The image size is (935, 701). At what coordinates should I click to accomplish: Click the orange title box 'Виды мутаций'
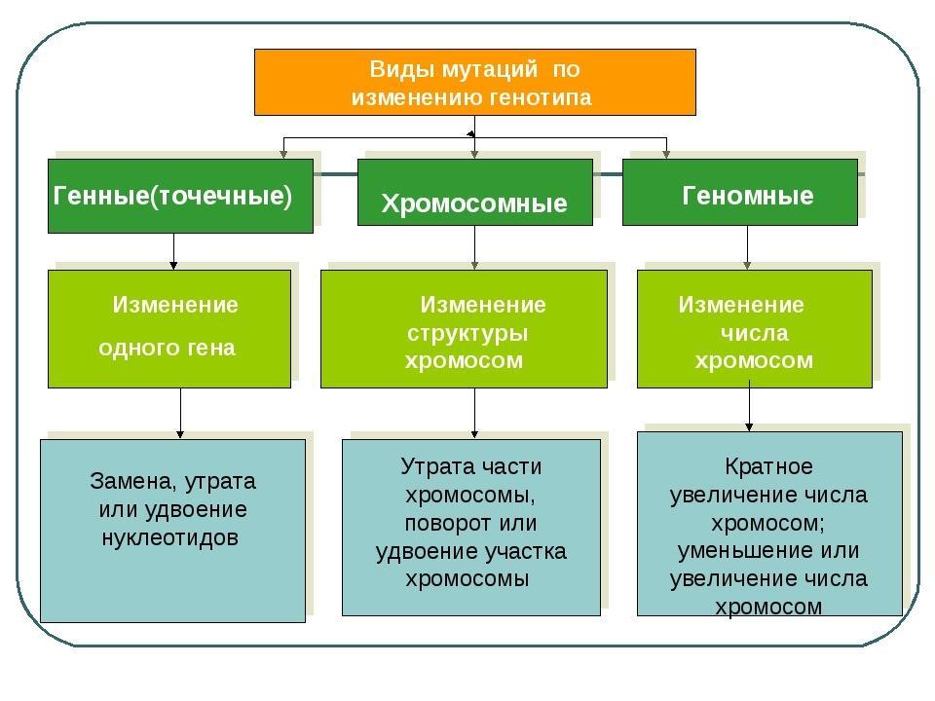point(475,83)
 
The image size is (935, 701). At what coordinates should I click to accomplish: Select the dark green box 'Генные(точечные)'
point(180,196)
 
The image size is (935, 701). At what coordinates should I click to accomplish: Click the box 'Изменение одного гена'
point(169,328)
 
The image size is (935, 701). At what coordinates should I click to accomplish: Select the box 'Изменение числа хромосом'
point(754,328)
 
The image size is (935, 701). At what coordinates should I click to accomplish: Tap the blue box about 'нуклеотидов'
point(172,530)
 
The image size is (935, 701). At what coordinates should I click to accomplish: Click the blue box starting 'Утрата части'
point(471,527)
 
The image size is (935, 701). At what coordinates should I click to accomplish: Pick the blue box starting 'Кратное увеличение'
point(769,523)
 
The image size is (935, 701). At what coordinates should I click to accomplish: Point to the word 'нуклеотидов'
point(170,538)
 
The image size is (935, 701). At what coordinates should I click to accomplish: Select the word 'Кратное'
point(768,465)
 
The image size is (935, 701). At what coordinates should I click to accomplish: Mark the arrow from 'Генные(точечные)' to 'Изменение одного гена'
point(174,250)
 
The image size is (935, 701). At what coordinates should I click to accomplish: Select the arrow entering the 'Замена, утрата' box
point(180,413)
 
